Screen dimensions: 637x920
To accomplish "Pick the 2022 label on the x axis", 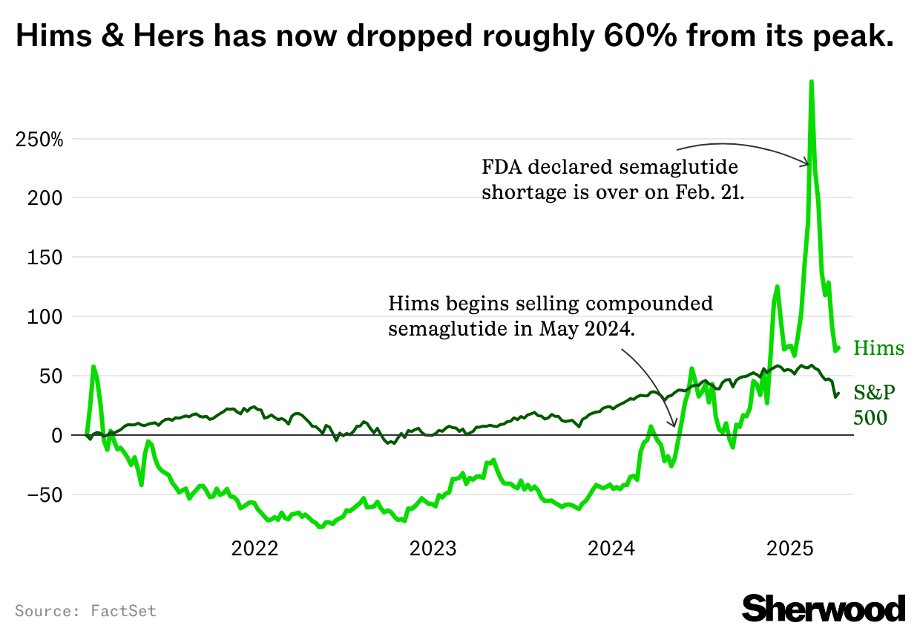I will (254, 550).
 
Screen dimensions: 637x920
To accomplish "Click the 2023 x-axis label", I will (433, 550).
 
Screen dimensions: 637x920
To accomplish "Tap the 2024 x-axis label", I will (611, 550).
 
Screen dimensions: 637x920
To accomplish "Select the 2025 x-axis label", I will (790, 550).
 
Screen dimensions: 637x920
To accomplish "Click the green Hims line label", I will (878, 348).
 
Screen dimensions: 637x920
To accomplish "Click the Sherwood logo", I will (824, 607).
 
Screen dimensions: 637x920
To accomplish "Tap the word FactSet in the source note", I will (124, 611).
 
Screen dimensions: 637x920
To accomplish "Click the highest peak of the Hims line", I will (812, 82).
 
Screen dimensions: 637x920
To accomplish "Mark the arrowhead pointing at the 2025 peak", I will (806, 163).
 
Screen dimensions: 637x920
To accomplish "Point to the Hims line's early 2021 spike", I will (93, 366).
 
